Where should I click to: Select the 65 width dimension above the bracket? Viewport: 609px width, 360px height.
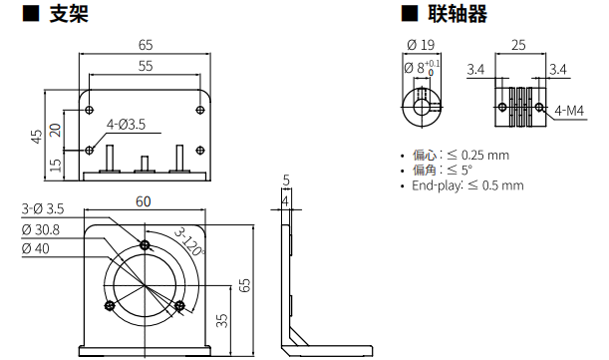coord(146,45)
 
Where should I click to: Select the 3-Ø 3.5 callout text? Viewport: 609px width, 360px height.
coord(43,209)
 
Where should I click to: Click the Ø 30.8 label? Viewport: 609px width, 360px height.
coord(41,229)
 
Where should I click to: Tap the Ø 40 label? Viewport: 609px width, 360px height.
coord(35,249)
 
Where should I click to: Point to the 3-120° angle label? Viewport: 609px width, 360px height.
coord(188,239)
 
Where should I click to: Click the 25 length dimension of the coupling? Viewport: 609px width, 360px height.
coord(518,45)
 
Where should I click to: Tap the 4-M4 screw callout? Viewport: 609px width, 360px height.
coord(569,111)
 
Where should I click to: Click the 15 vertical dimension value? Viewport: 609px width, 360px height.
coord(56,163)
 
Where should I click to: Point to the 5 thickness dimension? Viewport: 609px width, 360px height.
coord(285,180)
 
